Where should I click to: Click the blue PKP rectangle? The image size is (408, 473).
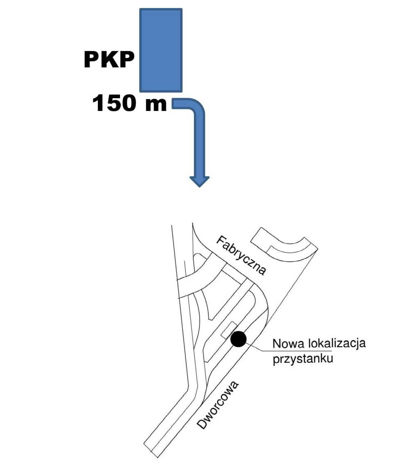tap(161, 50)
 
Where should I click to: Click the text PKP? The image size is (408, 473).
tap(109, 60)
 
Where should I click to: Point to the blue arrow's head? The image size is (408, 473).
tap(199, 180)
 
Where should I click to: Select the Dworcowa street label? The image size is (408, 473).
tap(218, 405)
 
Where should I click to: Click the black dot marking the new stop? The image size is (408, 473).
tap(238, 339)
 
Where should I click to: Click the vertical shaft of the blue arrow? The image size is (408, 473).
tap(199, 144)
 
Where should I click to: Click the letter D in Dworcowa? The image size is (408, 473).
tap(201, 425)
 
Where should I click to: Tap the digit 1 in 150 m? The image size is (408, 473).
tap(99, 103)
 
